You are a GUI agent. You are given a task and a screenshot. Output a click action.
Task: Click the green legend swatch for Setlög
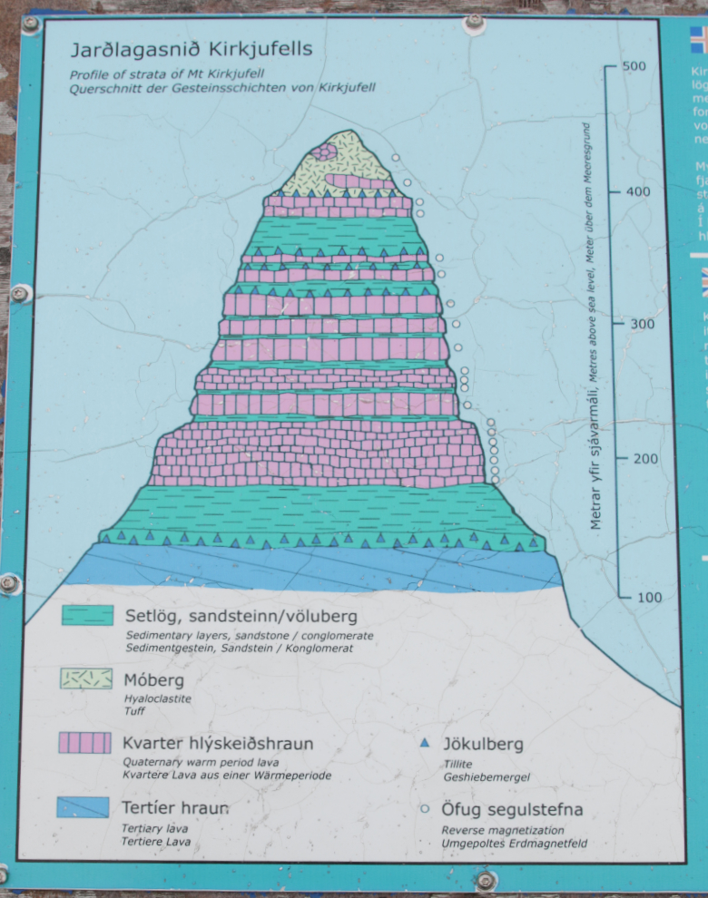click(x=87, y=616)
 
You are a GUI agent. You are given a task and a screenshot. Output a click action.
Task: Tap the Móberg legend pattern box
click(x=86, y=678)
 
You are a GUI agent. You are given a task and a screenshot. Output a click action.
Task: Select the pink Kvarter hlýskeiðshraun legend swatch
click(x=86, y=743)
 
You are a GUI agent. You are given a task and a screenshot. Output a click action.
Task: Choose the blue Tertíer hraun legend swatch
click(x=83, y=806)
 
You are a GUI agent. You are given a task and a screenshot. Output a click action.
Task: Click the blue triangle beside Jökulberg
click(x=424, y=743)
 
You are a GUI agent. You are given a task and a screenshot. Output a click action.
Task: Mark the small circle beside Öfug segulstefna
click(x=424, y=808)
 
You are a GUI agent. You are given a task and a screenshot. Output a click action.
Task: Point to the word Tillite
click(x=458, y=764)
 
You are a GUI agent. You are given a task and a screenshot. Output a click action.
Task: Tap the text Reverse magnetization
click(x=502, y=829)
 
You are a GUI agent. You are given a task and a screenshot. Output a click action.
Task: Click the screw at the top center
click(x=473, y=20)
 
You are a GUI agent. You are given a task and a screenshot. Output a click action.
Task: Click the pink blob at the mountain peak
click(x=324, y=151)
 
